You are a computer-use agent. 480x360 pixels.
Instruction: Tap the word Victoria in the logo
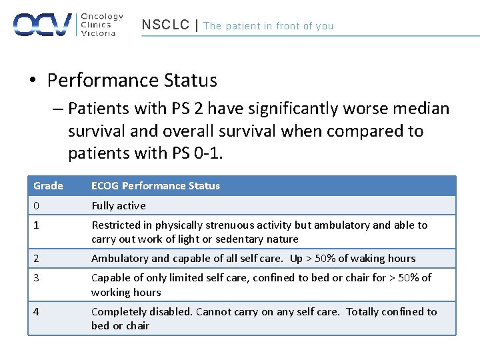click(x=98, y=33)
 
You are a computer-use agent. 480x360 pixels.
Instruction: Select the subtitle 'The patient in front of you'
click(x=268, y=26)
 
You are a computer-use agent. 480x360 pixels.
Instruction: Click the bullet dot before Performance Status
click(x=32, y=81)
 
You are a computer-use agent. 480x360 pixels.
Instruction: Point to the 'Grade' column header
click(x=48, y=186)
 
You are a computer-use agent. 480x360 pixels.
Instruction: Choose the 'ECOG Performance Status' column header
click(x=155, y=186)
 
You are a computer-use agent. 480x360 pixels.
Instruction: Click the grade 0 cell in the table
click(x=37, y=206)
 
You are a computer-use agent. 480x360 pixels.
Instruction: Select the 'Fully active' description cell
click(x=118, y=206)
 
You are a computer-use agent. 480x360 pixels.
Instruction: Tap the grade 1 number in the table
click(x=37, y=225)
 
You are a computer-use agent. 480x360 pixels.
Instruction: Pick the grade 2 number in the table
click(x=37, y=259)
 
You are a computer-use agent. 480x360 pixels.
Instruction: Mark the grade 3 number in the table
click(x=37, y=278)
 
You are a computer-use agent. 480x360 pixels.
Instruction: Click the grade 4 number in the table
click(x=37, y=311)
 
